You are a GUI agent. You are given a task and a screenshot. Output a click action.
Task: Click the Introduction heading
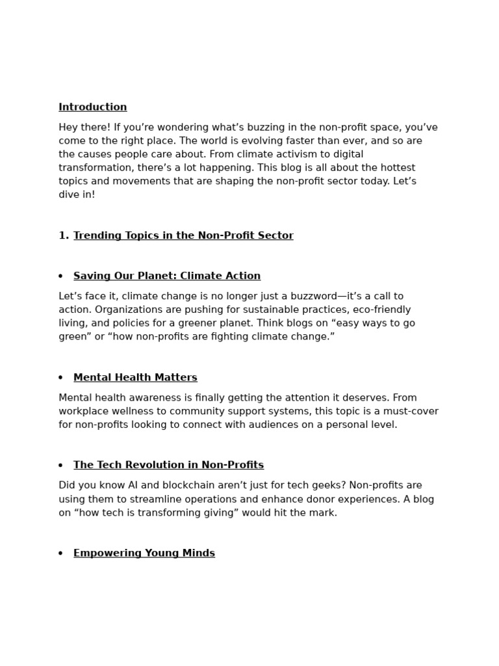(93, 107)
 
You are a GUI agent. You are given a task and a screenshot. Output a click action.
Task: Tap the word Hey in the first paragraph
(69, 127)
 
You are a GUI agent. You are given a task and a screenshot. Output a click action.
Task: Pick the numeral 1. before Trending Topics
(64, 235)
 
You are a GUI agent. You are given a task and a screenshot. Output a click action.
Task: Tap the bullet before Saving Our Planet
(60, 276)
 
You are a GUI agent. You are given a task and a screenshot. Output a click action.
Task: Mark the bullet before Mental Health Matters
(60, 378)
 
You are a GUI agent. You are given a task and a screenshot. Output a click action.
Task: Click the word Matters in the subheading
(177, 377)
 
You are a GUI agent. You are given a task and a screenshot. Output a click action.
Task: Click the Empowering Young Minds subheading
(144, 553)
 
